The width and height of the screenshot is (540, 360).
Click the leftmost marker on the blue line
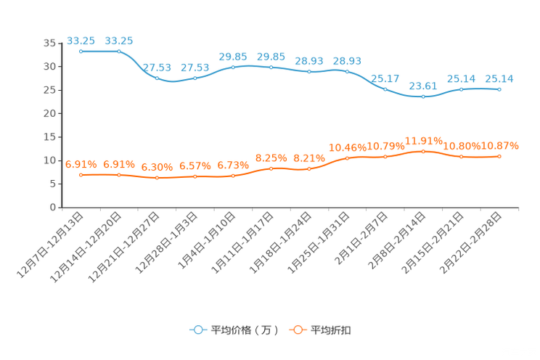(x=81, y=52)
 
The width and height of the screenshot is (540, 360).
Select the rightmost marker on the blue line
(x=499, y=89)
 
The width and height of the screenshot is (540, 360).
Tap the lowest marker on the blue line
(x=423, y=97)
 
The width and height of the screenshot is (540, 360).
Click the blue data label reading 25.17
(x=385, y=78)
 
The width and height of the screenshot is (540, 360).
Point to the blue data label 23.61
(x=423, y=86)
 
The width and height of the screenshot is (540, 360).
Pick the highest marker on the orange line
(x=423, y=151)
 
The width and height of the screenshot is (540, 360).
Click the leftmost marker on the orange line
(x=81, y=174)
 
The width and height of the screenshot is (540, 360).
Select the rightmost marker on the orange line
(x=499, y=156)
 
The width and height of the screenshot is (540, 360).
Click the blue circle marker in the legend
(x=197, y=330)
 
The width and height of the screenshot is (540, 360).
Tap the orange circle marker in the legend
(x=297, y=330)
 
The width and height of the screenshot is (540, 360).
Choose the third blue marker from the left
(x=157, y=78)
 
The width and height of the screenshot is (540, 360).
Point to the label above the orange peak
(x=423, y=139)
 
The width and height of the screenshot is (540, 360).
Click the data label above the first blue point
(x=81, y=41)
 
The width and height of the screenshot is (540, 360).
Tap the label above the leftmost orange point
(x=81, y=164)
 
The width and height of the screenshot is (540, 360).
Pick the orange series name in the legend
(x=331, y=330)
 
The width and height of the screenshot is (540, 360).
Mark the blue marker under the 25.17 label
(x=385, y=89)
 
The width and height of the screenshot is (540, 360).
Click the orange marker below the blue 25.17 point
(x=385, y=156)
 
